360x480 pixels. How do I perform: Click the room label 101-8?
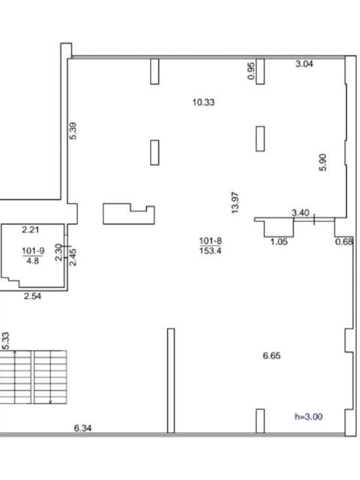211,241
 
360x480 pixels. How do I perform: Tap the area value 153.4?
211,250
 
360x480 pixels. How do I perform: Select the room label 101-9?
33,251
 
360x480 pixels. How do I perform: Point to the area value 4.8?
33,261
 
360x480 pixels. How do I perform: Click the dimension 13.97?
235,202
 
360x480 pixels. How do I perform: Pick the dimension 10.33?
203,102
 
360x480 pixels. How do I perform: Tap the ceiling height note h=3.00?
308,417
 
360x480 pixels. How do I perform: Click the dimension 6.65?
271,355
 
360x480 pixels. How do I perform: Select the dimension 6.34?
82,428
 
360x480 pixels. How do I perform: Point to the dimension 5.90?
322,162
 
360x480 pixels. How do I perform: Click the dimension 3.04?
304,64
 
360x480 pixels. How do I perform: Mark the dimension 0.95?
251,70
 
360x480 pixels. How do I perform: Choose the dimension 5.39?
73,130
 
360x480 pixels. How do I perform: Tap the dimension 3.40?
301,212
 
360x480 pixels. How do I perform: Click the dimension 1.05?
279,241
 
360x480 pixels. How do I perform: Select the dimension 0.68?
344,241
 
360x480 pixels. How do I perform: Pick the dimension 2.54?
33,296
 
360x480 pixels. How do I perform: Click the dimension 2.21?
31,229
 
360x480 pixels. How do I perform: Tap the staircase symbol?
33,377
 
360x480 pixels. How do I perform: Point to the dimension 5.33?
5,340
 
